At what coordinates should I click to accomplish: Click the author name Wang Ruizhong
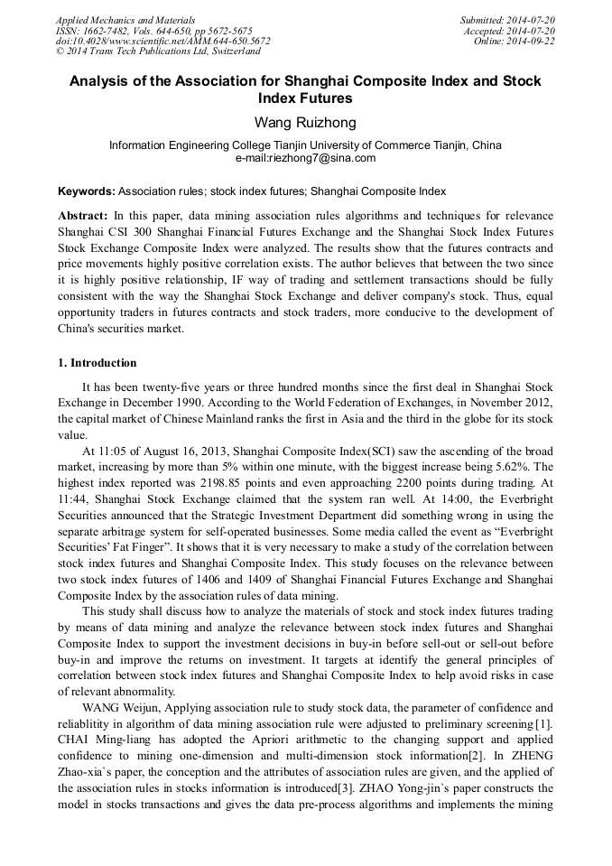tap(305, 122)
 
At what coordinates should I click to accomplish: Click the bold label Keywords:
tap(87, 191)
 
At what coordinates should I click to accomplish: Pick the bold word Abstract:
tap(83, 217)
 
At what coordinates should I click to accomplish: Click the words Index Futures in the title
tap(305, 98)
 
